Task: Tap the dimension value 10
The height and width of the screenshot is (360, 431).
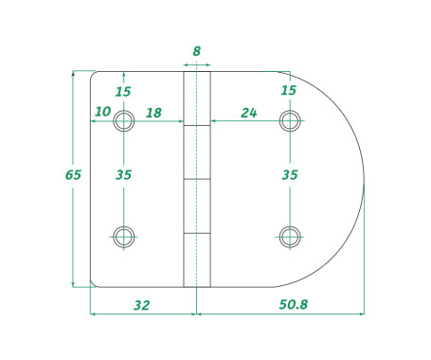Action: pyautogui.click(x=102, y=113)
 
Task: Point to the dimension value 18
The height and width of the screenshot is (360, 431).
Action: pyautogui.click(x=153, y=113)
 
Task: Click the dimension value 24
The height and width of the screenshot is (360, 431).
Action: pyautogui.click(x=249, y=113)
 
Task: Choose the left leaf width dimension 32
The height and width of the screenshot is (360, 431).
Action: pyautogui.click(x=142, y=305)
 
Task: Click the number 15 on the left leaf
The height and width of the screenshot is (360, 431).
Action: pyautogui.click(x=123, y=92)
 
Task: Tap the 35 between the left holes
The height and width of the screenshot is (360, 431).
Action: pyautogui.click(x=123, y=175)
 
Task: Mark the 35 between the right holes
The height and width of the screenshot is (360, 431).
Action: pyautogui.click(x=290, y=175)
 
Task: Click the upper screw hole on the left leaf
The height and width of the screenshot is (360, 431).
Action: pyautogui.click(x=123, y=121)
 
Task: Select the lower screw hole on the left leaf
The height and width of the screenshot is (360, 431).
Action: pyautogui.click(x=123, y=235)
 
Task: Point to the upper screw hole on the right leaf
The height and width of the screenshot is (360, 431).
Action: pyautogui.click(x=290, y=120)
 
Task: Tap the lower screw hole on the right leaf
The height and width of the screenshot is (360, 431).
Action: pyautogui.click(x=290, y=235)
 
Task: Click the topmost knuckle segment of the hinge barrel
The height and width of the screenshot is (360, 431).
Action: pyautogui.click(x=196, y=98)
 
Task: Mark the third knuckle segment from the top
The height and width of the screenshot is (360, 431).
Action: pyautogui.click(x=196, y=206)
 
